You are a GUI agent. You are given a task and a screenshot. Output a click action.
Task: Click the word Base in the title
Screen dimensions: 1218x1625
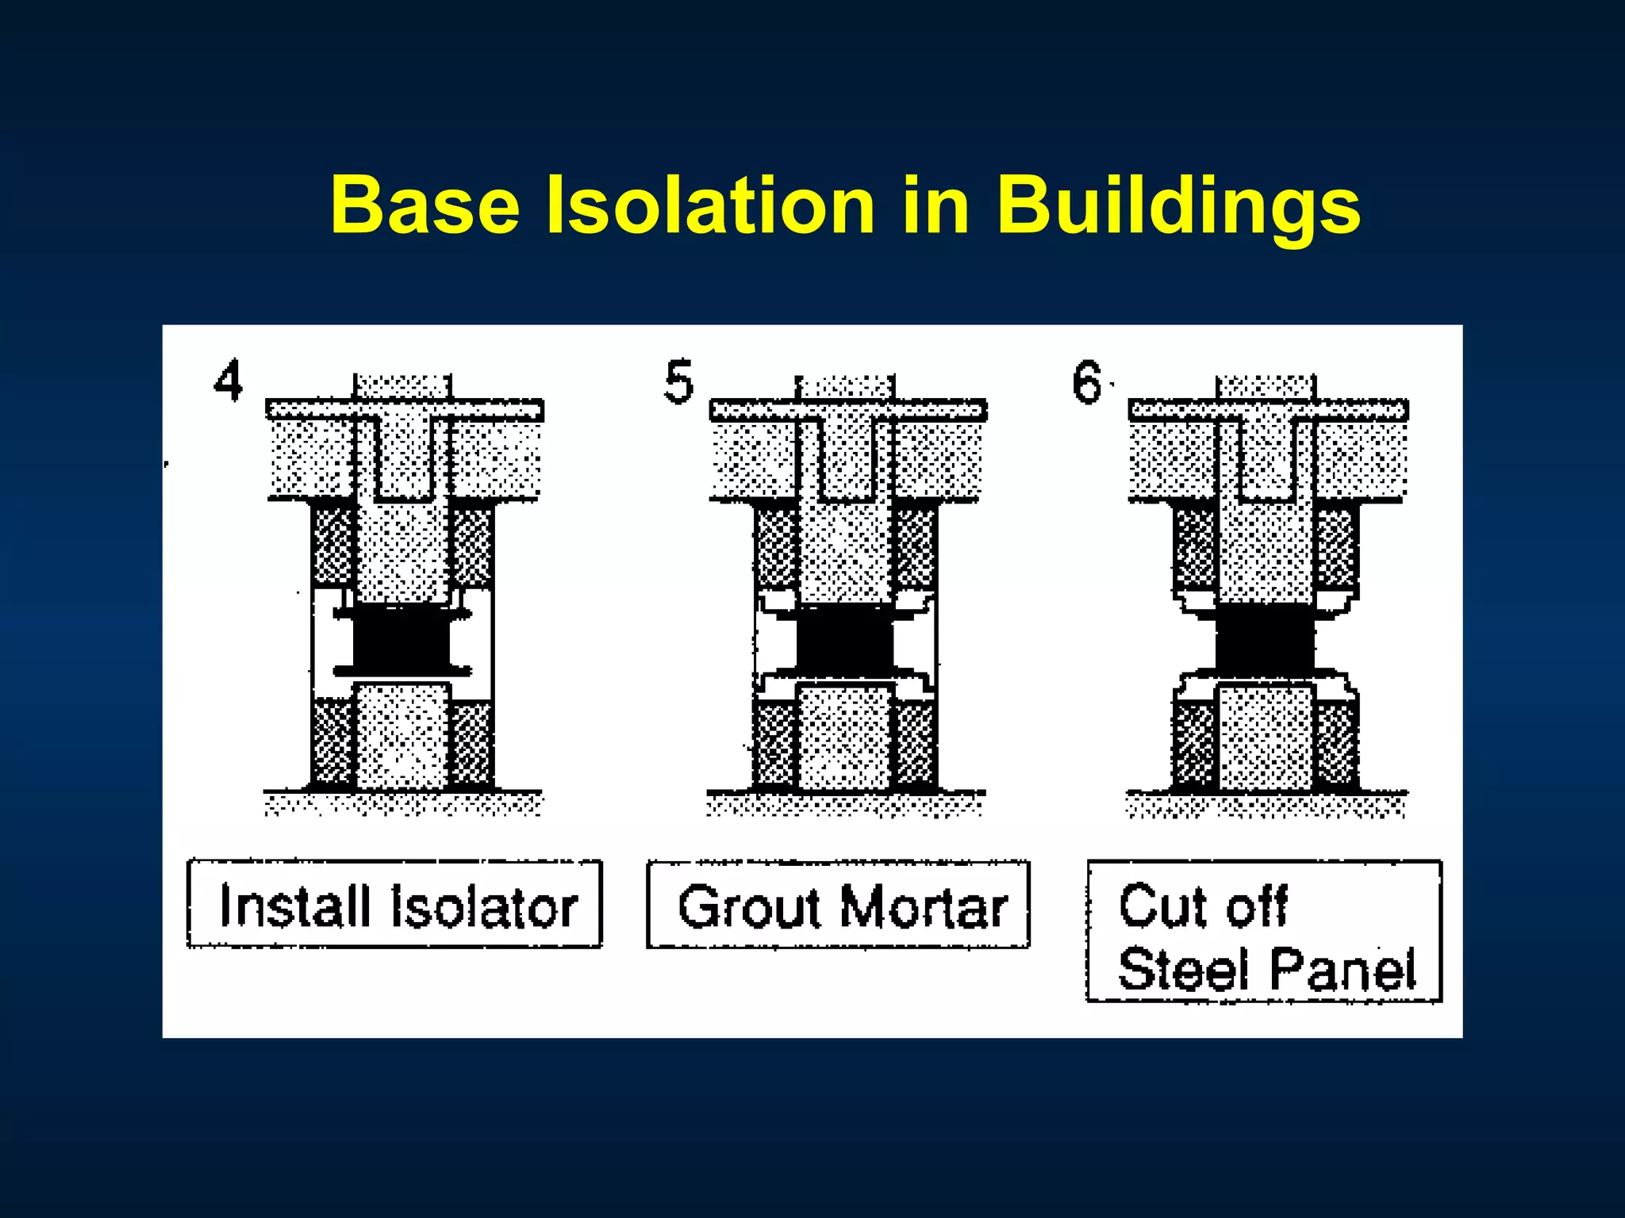click(424, 206)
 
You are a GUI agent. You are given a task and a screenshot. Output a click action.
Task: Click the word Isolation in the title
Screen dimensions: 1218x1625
click(710, 206)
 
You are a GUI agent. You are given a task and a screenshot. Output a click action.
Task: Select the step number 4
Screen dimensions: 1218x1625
click(229, 381)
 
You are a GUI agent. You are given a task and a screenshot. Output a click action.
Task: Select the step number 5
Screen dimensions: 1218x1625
click(678, 381)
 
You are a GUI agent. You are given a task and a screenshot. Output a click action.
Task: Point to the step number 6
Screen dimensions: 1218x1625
click(1087, 381)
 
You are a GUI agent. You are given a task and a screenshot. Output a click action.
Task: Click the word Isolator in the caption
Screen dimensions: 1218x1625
click(484, 906)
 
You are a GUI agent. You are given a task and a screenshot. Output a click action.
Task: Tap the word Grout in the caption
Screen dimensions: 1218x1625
click(749, 906)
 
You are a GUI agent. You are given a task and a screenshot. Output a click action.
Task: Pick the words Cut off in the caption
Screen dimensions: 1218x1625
click(1203, 906)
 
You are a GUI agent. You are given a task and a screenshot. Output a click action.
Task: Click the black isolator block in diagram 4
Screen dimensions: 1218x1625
click(401, 639)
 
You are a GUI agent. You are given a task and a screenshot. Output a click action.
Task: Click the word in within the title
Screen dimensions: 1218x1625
click(936, 206)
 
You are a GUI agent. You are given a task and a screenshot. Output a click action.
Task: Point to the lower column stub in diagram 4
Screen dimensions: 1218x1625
click(401, 737)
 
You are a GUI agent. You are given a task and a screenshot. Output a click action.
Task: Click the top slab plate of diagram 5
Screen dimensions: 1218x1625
click(847, 410)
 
